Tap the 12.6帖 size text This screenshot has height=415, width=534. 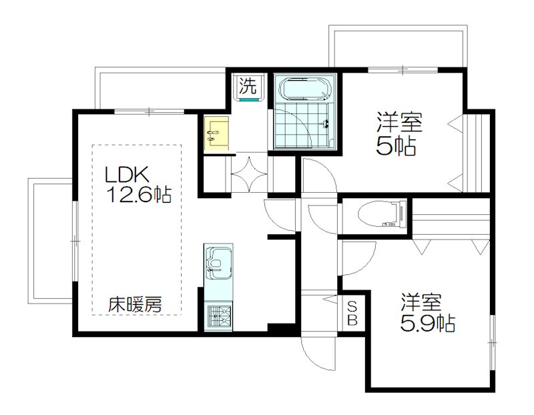point(140,195)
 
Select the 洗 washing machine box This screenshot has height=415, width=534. point(248,86)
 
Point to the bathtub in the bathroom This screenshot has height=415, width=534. point(304,89)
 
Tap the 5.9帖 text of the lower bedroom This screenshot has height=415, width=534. point(428,324)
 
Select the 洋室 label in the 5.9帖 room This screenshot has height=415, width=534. point(421,302)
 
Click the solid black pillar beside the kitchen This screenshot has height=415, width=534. point(279,330)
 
